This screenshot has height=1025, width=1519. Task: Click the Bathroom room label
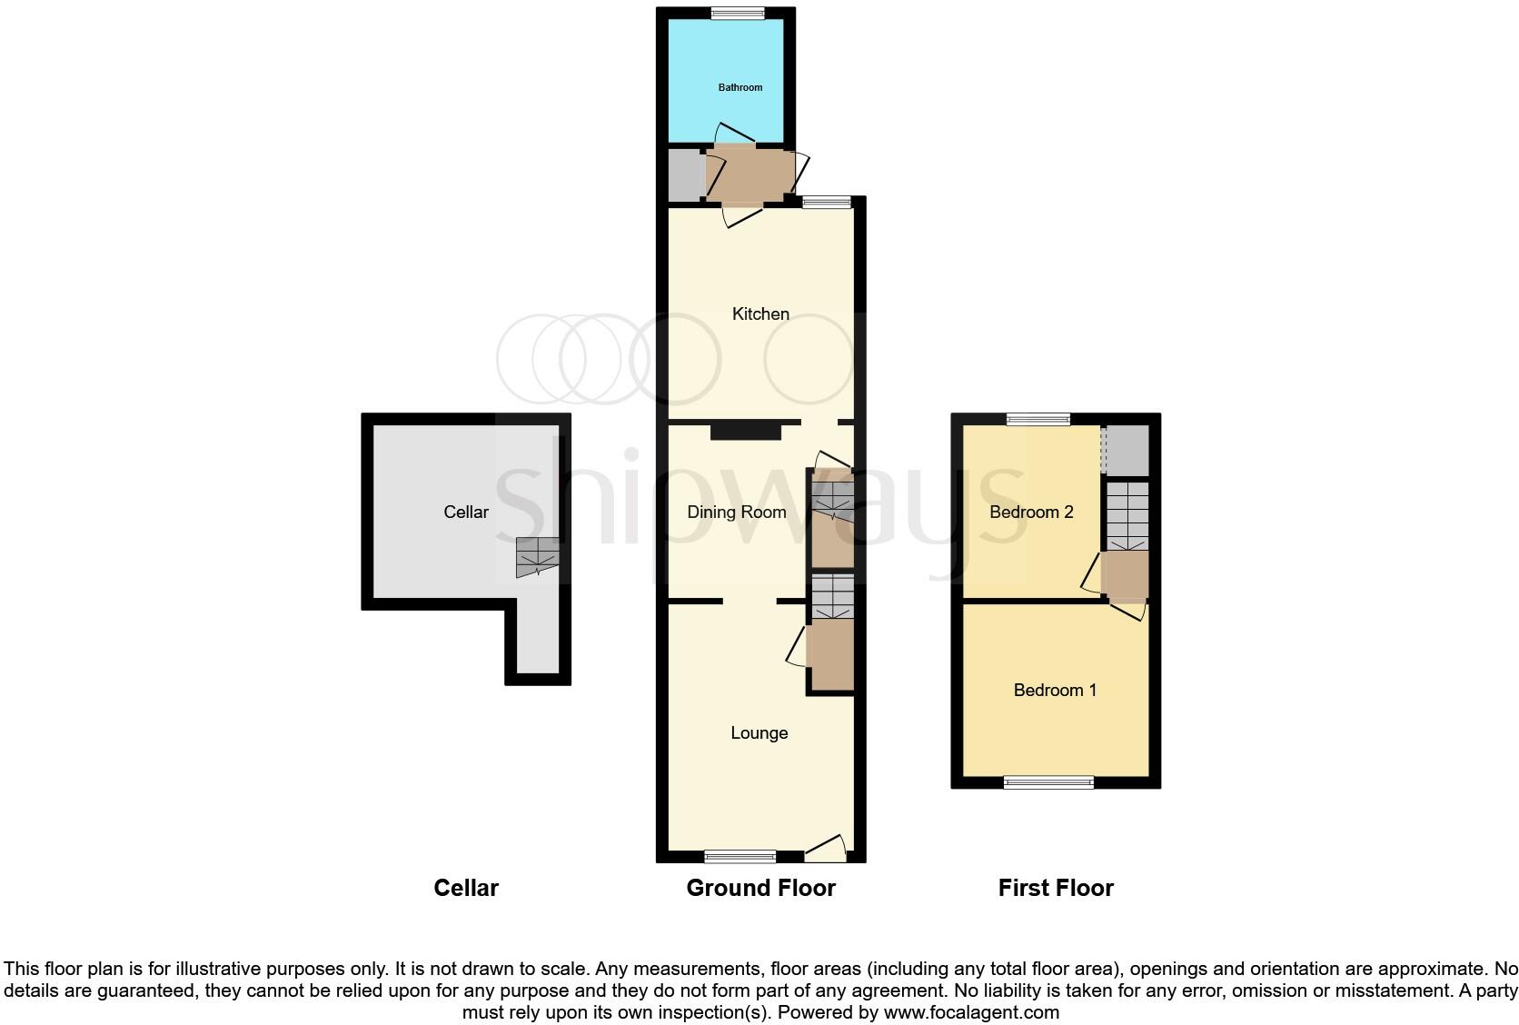click(740, 87)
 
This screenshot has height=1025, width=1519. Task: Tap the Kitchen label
click(760, 313)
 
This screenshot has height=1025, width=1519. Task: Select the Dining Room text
click(736, 512)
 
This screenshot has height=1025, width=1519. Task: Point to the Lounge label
click(759, 733)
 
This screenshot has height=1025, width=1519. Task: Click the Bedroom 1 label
click(1055, 691)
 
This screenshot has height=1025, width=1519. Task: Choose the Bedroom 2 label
click(1031, 512)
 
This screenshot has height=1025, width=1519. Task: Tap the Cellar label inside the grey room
click(466, 512)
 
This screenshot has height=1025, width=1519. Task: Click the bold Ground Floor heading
click(760, 888)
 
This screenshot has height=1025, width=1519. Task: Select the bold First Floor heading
click(1055, 888)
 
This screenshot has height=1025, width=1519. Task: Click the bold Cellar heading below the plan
click(466, 888)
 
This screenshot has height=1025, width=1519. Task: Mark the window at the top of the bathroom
click(737, 13)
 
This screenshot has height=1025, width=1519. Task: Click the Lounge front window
click(740, 856)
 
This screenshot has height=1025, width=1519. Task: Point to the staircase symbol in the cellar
click(537, 557)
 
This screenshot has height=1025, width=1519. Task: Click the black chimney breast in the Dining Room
click(745, 431)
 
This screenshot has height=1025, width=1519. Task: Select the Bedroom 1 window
click(1048, 782)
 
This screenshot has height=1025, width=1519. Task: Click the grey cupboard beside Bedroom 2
click(1127, 450)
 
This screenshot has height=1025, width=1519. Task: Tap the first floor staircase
click(1127, 516)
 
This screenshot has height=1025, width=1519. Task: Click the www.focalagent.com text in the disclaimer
click(971, 1012)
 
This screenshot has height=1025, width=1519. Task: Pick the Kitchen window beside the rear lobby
click(826, 203)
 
